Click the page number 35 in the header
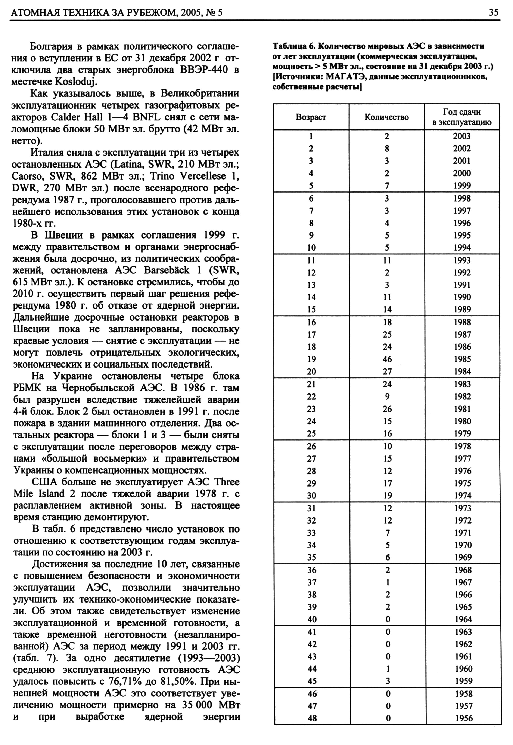pyautogui.click(x=494, y=13)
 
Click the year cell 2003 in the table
pyautogui.click(x=462, y=136)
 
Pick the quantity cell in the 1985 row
pyautogui.click(x=387, y=359)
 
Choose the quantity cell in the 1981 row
pyautogui.click(x=387, y=409)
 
